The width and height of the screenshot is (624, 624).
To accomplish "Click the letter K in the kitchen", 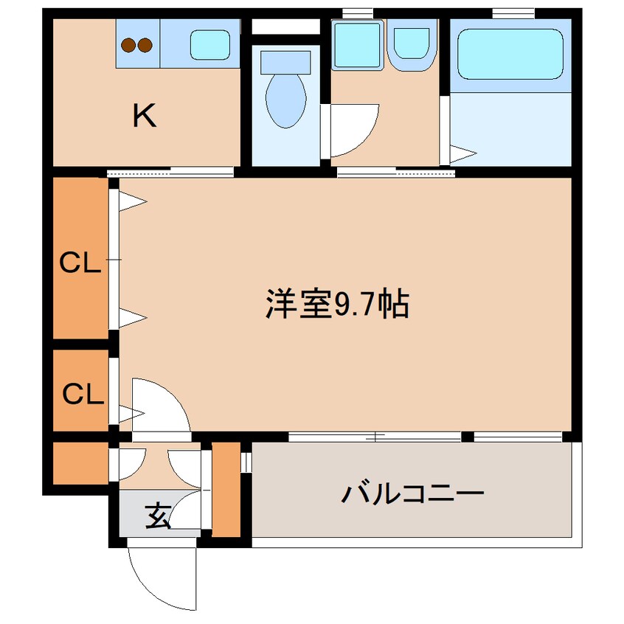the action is (x=144, y=115).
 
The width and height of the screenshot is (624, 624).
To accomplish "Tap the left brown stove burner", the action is (x=128, y=45).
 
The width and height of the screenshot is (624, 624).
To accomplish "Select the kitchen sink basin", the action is (x=210, y=45).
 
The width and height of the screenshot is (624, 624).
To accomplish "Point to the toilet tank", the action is (x=285, y=63).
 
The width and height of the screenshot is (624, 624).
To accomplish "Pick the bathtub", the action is (x=510, y=54).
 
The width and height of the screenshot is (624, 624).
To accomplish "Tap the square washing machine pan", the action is (x=358, y=45).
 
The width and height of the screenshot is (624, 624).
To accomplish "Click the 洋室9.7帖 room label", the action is (x=337, y=305).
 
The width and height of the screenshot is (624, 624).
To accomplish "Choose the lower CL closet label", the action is (x=83, y=394).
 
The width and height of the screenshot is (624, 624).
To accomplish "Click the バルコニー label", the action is (x=413, y=493).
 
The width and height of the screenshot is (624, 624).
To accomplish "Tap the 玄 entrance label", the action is (x=158, y=516).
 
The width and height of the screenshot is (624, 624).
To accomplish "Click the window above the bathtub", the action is (x=513, y=13).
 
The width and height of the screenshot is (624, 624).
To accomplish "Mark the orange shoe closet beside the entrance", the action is (x=226, y=489).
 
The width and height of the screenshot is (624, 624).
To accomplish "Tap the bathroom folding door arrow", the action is (x=463, y=153).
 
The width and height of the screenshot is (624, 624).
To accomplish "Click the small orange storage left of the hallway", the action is (x=81, y=464).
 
